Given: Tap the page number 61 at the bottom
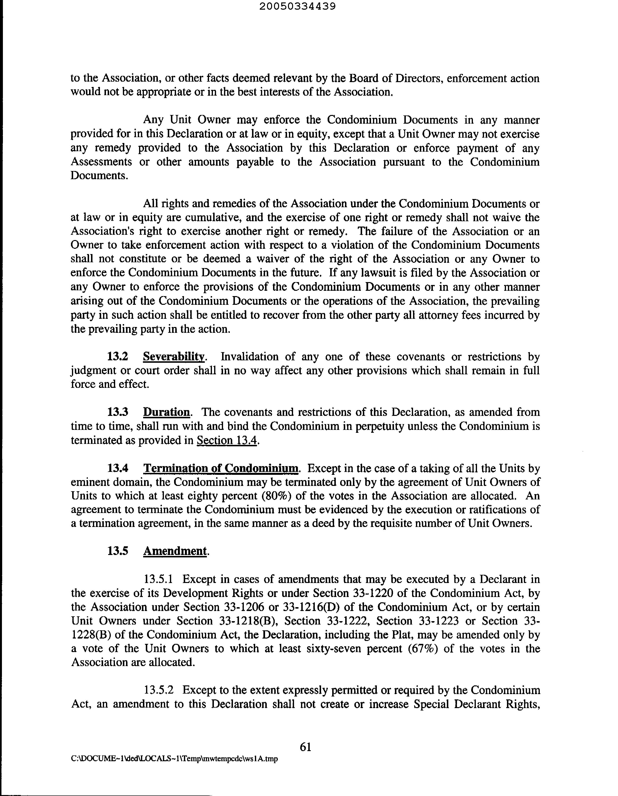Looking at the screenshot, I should pos(305,747).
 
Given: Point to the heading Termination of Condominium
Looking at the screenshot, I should pos(221,468).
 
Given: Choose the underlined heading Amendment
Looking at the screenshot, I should pos(175,551).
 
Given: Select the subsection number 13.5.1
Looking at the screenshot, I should pos(159,579).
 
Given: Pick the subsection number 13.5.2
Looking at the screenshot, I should pos(159,690).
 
